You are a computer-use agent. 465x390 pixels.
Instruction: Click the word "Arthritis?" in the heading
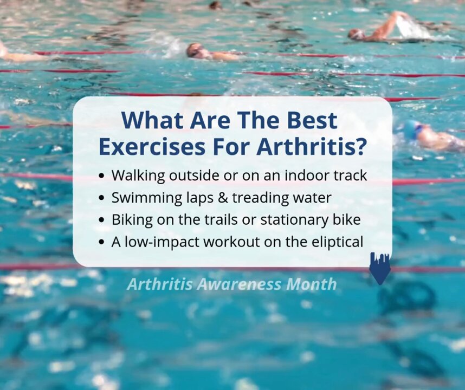coord(310,146)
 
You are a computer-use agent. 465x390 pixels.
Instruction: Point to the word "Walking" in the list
coord(138,175)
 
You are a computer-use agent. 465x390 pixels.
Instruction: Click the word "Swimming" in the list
coord(147,198)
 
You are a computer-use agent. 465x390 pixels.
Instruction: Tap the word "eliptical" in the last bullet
coord(338,242)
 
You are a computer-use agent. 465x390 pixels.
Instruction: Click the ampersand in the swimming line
coord(223,198)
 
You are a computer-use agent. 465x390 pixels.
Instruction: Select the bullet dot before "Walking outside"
coord(102,175)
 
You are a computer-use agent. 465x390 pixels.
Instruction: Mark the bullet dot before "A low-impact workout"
coord(102,242)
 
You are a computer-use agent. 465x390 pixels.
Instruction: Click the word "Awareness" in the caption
coord(239,284)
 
